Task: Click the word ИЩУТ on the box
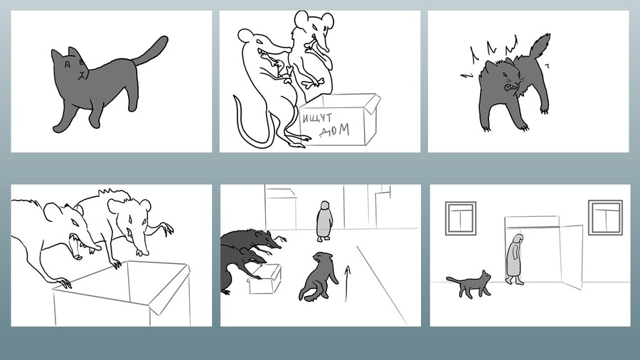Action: click(317, 120)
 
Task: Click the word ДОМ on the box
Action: click(334, 131)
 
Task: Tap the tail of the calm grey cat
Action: click(150, 51)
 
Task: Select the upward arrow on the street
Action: click(347, 284)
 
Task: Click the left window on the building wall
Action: click(461, 218)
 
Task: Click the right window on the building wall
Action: click(605, 218)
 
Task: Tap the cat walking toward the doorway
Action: click(469, 284)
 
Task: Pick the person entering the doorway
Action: click(515, 260)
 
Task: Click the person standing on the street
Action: click(324, 221)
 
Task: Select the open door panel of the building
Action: click(571, 256)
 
